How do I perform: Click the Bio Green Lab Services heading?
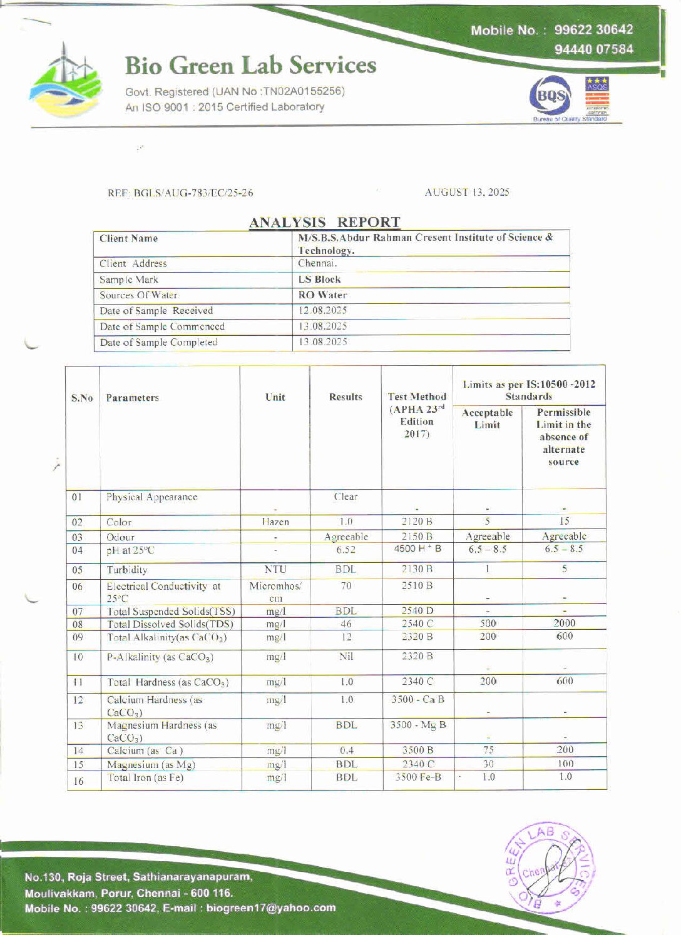coord(250,66)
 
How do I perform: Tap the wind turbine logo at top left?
coord(65,79)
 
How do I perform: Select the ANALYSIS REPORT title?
coord(324,222)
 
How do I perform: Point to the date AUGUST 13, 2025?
coord(467,192)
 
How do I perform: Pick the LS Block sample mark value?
coord(319,280)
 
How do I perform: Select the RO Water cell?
coord(322,295)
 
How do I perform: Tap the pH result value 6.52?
coord(346,550)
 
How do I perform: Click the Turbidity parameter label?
coord(127,570)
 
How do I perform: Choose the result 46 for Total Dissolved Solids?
coord(346,624)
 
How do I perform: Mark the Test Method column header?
coord(417,415)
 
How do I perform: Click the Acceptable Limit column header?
coord(487,418)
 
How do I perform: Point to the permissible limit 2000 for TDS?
coord(564,623)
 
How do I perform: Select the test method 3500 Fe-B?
coord(417,777)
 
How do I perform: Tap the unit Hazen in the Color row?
coord(275,522)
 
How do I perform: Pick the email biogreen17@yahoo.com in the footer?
coord(271,907)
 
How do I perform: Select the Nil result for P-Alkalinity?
coord(346,657)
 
